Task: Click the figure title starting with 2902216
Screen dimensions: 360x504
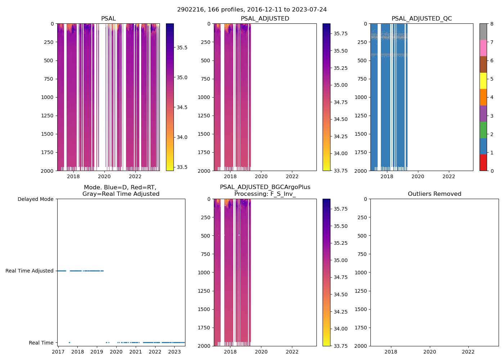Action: (252, 10)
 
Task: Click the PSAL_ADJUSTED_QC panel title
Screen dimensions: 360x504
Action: (422, 19)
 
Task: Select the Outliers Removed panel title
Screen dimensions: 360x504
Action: (434, 194)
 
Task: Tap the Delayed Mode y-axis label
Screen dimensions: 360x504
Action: (35, 199)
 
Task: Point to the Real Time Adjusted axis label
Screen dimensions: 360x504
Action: (29, 271)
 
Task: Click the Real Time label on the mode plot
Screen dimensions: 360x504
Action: (41, 343)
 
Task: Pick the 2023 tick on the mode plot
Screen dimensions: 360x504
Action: (175, 352)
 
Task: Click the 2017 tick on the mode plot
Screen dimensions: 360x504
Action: (58, 352)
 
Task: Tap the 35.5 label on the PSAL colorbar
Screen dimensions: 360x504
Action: (182, 48)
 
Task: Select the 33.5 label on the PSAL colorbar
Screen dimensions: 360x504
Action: (182, 167)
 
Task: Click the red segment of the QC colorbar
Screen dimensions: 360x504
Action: (483, 163)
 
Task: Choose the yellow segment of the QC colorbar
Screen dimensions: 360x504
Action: (483, 81)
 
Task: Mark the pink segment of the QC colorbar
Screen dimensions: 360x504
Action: (483, 48)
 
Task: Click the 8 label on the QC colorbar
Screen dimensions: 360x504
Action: (492, 24)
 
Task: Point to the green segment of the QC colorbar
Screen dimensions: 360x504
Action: (483, 130)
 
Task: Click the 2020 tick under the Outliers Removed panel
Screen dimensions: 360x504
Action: (429, 352)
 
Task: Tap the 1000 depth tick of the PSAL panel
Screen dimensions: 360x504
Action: (47, 97)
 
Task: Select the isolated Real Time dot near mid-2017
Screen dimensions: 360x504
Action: (69, 342)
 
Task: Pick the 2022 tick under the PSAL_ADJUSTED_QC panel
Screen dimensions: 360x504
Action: (449, 176)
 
